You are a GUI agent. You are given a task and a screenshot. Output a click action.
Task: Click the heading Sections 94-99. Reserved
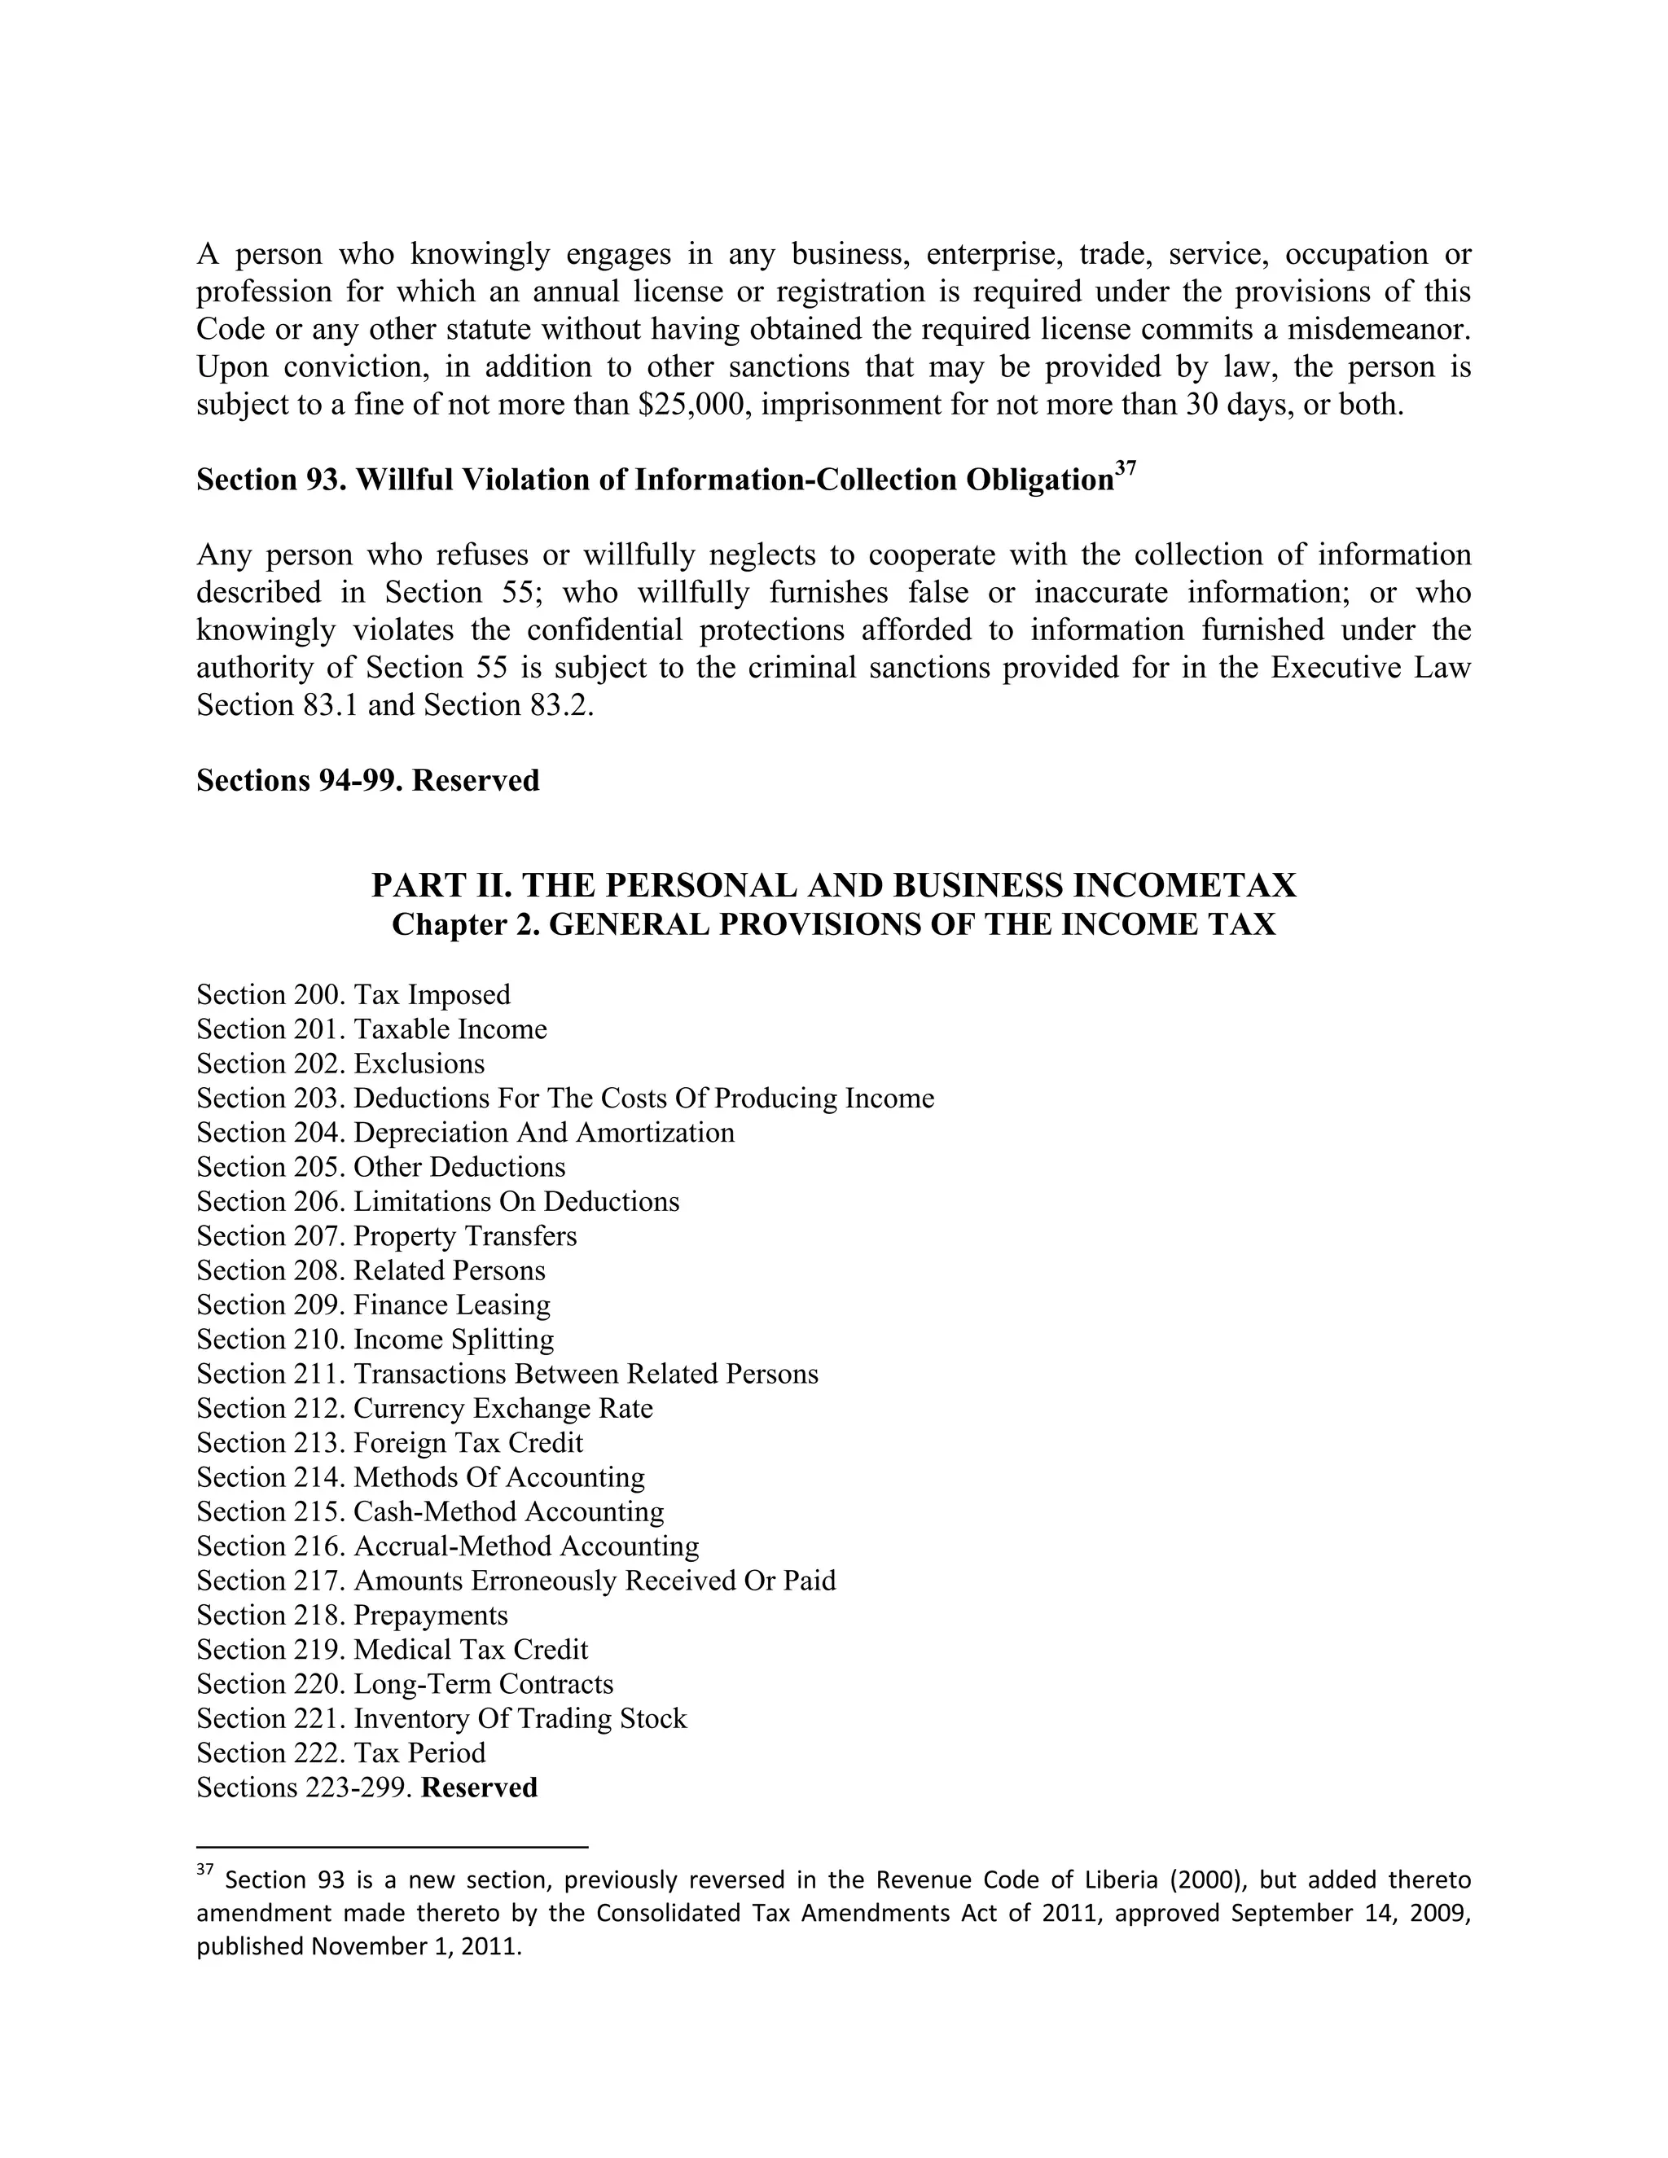pos(367,781)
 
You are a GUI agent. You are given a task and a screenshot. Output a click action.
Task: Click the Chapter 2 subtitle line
pos(833,925)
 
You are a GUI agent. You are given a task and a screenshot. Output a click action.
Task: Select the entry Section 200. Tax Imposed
pos(353,995)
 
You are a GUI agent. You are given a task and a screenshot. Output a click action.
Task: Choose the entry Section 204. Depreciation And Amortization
pos(465,1133)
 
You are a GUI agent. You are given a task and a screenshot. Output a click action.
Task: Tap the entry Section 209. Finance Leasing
pos(374,1305)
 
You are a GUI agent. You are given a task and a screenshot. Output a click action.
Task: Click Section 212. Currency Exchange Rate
pos(425,1408)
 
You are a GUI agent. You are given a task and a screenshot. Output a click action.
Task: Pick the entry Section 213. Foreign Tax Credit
pos(389,1443)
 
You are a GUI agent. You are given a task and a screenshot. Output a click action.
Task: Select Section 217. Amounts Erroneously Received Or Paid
pos(516,1581)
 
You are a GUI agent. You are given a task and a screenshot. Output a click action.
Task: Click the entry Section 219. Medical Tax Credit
pos(393,1650)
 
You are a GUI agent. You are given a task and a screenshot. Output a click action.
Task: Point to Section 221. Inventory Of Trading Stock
pos(441,1719)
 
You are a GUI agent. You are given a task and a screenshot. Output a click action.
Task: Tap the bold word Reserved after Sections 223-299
pos(479,1788)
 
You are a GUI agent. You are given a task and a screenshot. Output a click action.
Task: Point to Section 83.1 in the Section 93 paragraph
pos(279,705)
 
